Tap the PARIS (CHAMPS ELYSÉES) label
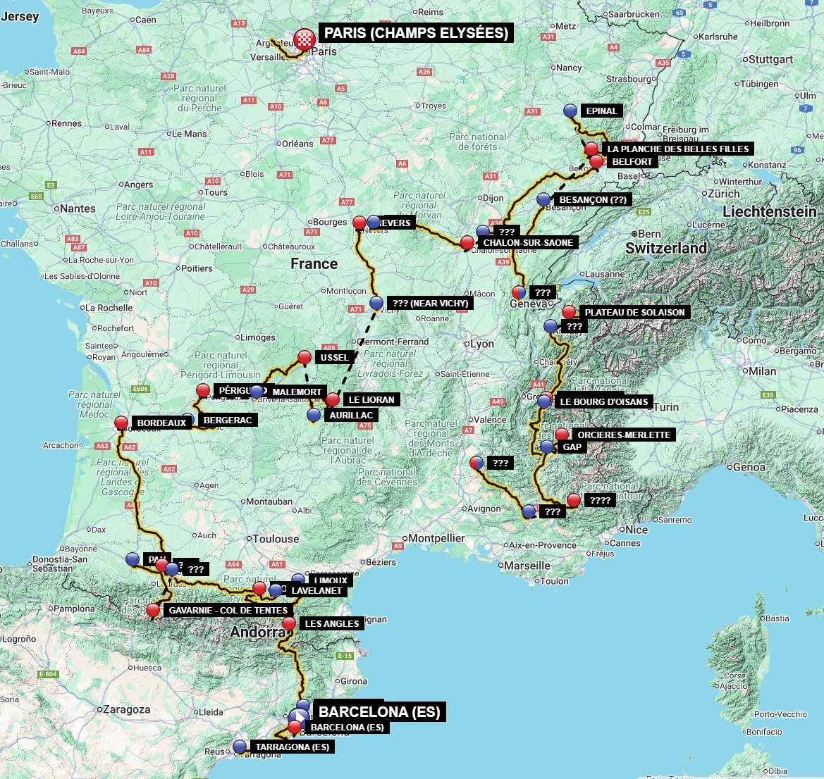coord(416,33)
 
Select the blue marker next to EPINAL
coord(571,111)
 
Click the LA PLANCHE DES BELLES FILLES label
coord(679,149)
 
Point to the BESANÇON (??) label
coord(593,200)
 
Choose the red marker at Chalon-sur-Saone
coord(467,242)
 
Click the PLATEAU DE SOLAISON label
coord(634,312)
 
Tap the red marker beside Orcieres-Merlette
coord(561,435)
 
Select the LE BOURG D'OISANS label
coord(603,402)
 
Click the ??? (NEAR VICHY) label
coord(430,304)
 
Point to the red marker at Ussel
coord(305,357)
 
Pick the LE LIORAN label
coord(371,399)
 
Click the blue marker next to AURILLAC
coord(314,415)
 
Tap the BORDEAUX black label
coord(161,423)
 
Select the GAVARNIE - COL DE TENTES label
coord(228,611)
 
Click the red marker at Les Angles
coord(289,623)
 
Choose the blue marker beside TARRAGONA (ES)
coord(240,746)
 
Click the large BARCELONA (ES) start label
coord(379,711)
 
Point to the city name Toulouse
coord(276,539)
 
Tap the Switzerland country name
coord(666,248)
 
